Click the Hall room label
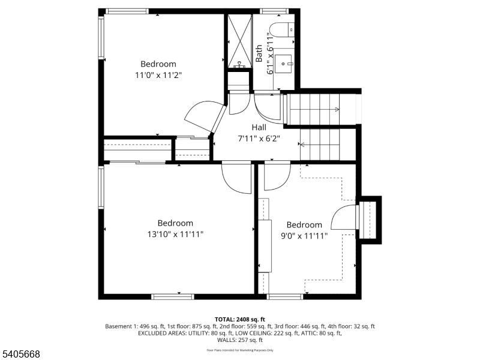pyautogui.click(x=259, y=127)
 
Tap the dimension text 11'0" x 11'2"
pyautogui.click(x=158, y=75)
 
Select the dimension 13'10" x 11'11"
pyautogui.click(x=175, y=234)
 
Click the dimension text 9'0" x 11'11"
pyautogui.click(x=304, y=236)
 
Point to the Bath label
pyautogui.click(x=259, y=53)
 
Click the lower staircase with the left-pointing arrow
pyautogui.click(x=319, y=144)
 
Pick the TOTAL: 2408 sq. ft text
pyautogui.click(x=239, y=319)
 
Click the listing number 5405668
pyautogui.click(x=21, y=355)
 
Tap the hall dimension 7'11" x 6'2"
pyautogui.click(x=259, y=139)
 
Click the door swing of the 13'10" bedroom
pyautogui.click(x=236, y=179)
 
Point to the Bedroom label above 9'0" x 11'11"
pyautogui.click(x=304, y=225)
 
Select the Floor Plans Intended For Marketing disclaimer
pyautogui.click(x=239, y=350)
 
